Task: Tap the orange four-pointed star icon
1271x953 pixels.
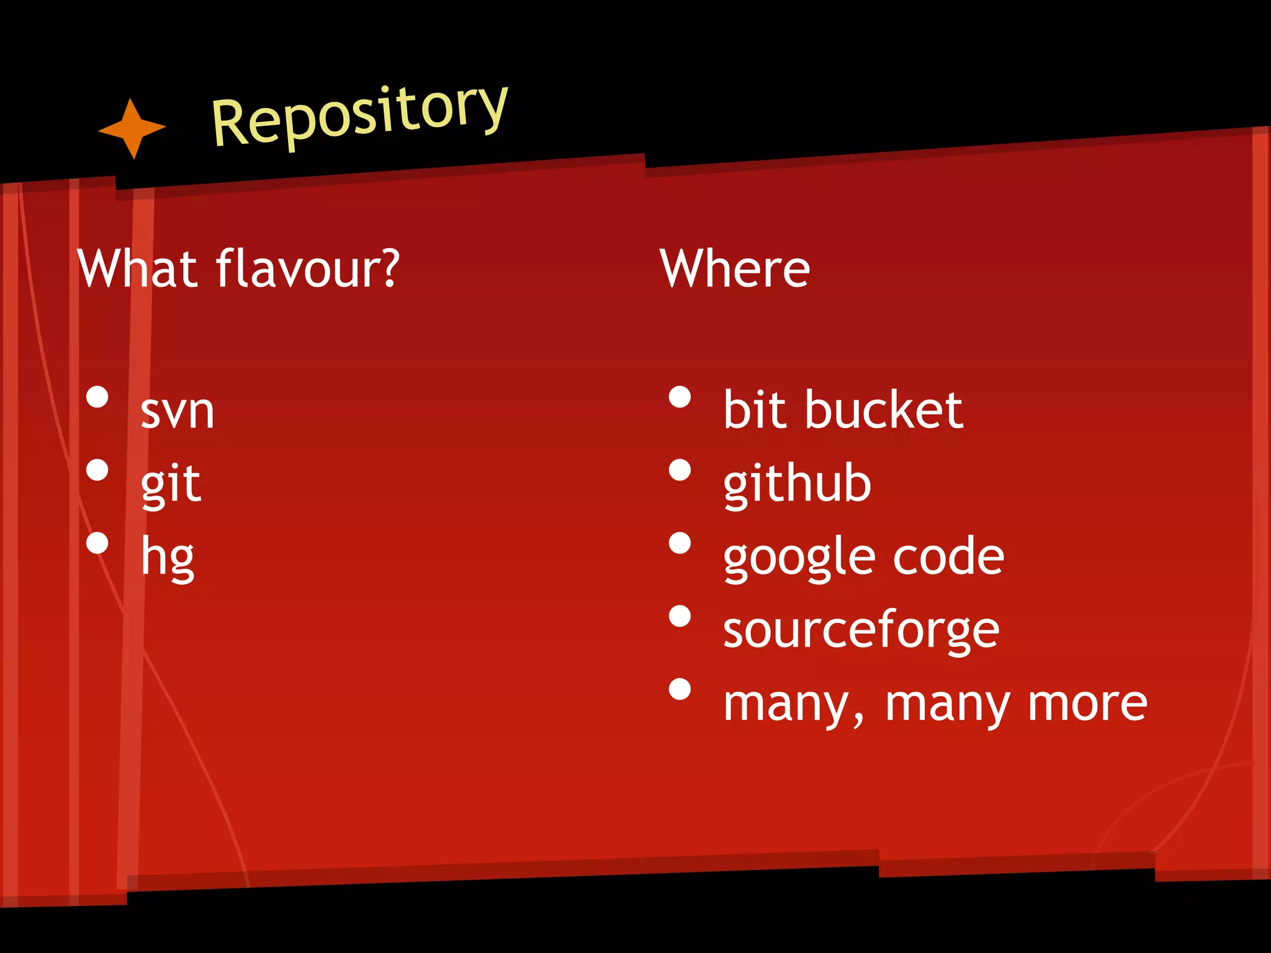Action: tap(132, 128)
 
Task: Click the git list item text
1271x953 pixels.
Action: tap(171, 485)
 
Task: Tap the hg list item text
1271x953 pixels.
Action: tap(168, 557)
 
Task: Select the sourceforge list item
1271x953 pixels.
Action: tap(861, 630)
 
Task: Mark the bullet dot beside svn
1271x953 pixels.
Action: tap(97, 397)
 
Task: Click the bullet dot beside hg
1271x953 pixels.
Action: tap(97, 543)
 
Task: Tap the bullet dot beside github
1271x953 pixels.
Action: tap(680, 470)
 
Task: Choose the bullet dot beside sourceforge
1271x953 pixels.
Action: tap(680, 616)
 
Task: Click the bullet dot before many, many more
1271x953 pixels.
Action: tap(680, 689)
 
